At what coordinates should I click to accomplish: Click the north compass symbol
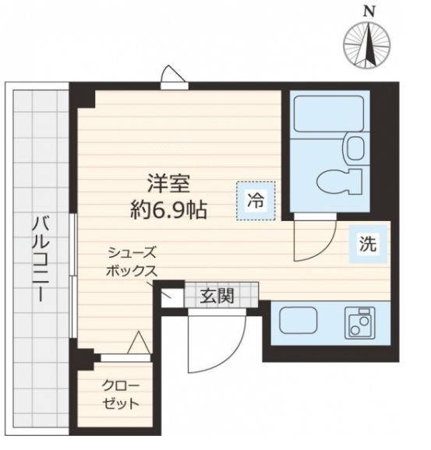click(x=368, y=44)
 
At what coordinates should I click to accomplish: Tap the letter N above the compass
click(x=368, y=10)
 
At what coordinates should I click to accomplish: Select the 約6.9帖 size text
click(x=170, y=210)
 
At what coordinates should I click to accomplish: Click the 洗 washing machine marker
click(x=366, y=244)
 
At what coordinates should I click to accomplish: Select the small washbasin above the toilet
click(x=355, y=148)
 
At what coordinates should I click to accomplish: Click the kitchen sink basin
click(x=295, y=322)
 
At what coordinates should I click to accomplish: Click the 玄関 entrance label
click(x=217, y=297)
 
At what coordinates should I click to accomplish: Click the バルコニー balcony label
click(x=37, y=261)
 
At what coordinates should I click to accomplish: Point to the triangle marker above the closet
click(x=139, y=343)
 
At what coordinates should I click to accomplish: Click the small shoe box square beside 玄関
click(x=171, y=296)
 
